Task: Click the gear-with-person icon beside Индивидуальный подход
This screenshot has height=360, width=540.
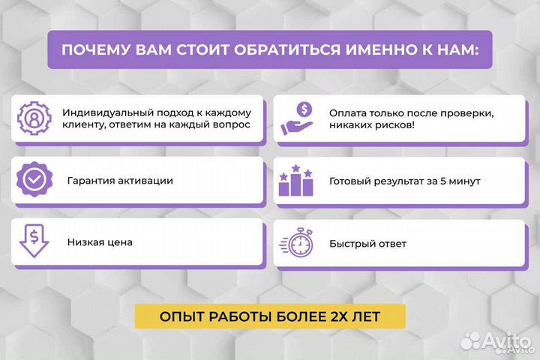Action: (x=34, y=118)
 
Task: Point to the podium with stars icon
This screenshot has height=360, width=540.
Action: (x=295, y=181)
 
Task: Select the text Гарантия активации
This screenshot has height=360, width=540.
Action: (x=120, y=181)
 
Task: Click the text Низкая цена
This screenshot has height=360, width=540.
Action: (x=100, y=243)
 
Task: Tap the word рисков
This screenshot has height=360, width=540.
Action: (x=388, y=125)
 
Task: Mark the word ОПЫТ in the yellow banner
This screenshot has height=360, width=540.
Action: (x=182, y=316)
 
